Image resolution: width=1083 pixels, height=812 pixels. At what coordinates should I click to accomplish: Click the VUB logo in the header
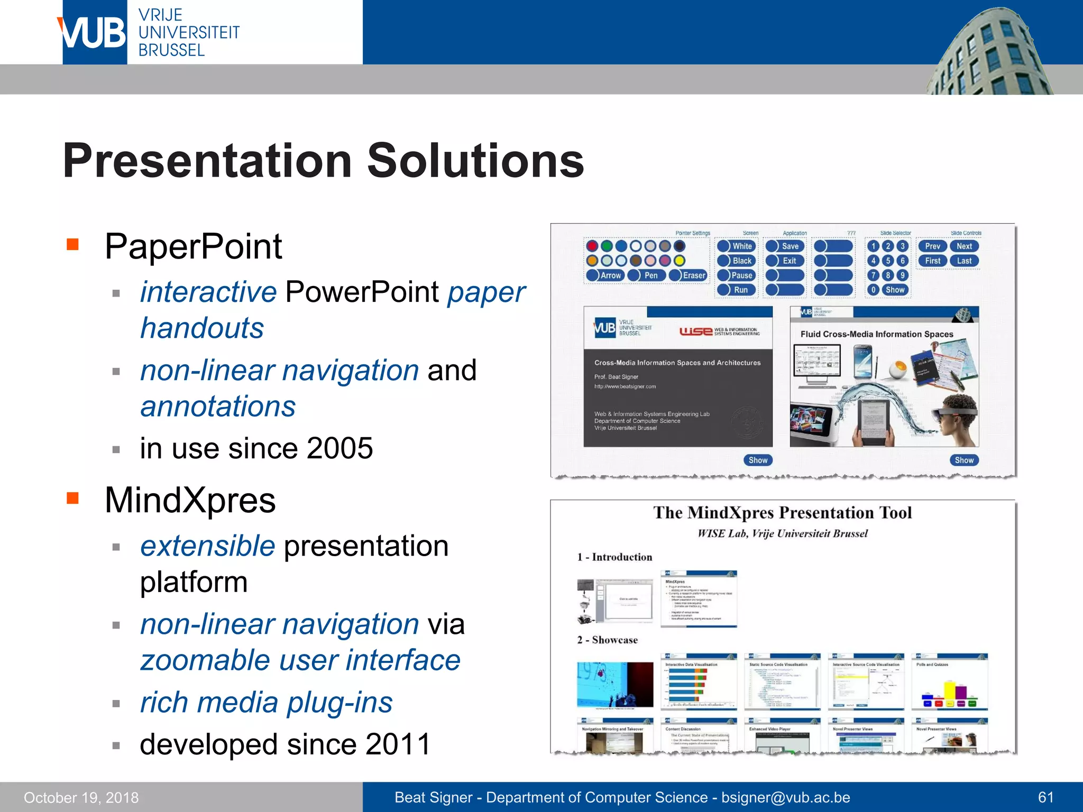[94, 33]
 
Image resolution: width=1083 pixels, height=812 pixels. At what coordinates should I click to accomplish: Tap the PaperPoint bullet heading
[193, 246]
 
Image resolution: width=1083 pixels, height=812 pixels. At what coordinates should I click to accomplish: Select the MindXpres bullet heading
[190, 500]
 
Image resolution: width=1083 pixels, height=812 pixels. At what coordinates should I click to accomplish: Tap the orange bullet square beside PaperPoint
[72, 244]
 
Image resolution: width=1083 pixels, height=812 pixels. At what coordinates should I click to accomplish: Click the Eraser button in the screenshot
[688, 275]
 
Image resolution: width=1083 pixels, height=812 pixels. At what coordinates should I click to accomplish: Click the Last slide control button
[964, 261]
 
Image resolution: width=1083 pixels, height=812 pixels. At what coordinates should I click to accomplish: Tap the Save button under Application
[785, 246]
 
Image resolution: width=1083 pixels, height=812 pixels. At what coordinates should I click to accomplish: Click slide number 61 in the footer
[1045, 797]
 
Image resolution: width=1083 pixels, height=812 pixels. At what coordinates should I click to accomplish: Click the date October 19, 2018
[81, 797]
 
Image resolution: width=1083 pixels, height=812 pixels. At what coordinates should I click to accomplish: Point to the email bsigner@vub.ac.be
[785, 797]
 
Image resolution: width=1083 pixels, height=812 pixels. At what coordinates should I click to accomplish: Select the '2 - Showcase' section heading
[607, 640]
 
